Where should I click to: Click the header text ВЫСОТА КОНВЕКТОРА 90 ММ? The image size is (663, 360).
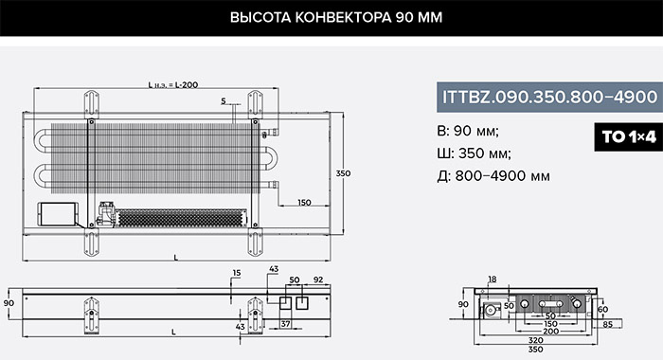coord(336,17)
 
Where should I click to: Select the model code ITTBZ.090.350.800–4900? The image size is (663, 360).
coord(549,97)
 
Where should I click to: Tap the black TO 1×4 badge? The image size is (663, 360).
coord(629,136)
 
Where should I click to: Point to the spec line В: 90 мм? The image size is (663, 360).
coord(468,131)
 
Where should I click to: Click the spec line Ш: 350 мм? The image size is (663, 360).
coord(474,153)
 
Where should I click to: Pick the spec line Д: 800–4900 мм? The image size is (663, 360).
coord(493,175)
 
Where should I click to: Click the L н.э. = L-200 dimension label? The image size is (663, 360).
coord(173,84)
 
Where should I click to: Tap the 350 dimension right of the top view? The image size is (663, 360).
coord(343,173)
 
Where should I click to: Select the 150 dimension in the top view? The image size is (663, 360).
coord(304,202)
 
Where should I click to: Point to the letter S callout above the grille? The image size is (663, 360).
coord(224,101)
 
